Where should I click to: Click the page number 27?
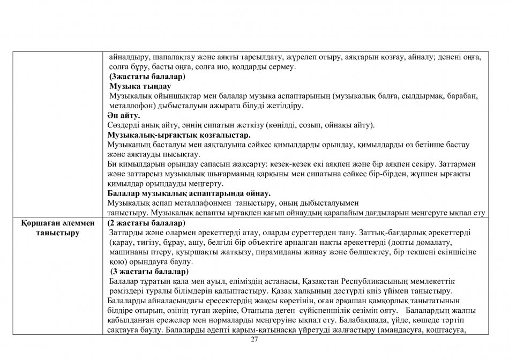pos(254,340)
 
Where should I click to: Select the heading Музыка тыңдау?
pos(140,86)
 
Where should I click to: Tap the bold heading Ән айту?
pos(124,115)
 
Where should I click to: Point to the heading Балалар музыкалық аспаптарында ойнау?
pos(189,193)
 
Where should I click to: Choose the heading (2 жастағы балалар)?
pos(146,222)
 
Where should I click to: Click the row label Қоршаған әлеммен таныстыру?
pos(58,228)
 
